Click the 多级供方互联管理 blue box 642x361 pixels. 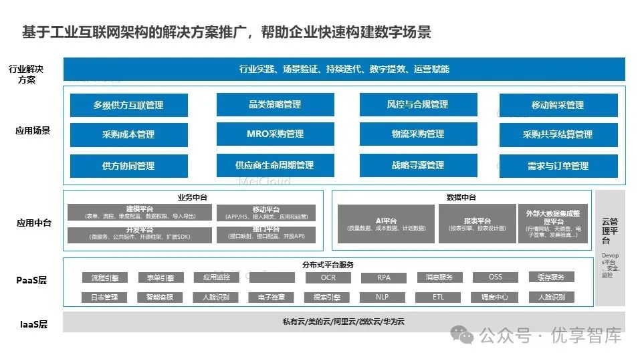[x=129, y=105]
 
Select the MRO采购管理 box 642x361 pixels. [x=275, y=134]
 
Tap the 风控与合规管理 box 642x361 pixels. [x=418, y=105]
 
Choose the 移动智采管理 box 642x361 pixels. [x=558, y=105]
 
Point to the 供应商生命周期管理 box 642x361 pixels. [x=275, y=165]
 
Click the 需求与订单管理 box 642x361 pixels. [x=558, y=166]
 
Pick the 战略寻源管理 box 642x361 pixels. [x=418, y=165]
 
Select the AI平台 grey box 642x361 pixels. [x=387, y=223]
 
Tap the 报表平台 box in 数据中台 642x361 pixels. [x=477, y=223]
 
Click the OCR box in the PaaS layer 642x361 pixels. [x=328, y=277]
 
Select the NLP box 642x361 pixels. [x=383, y=297]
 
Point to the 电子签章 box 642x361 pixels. [x=272, y=297]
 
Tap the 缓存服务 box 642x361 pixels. [x=551, y=277]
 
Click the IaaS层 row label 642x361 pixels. [x=33, y=324]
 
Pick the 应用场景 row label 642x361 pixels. [x=33, y=130]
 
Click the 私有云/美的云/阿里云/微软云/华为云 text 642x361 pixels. [x=344, y=322]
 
